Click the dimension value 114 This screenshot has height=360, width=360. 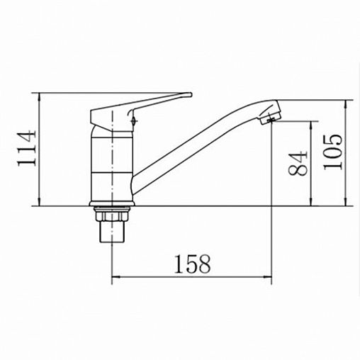pos(27,148)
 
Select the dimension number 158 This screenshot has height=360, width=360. pos(192,264)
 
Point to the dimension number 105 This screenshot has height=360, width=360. pos(332,152)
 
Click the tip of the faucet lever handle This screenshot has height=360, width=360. pos(191,95)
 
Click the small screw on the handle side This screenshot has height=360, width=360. pos(134,121)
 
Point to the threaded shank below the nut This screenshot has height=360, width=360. pos(112,232)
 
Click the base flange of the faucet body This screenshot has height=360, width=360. pos(112,203)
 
